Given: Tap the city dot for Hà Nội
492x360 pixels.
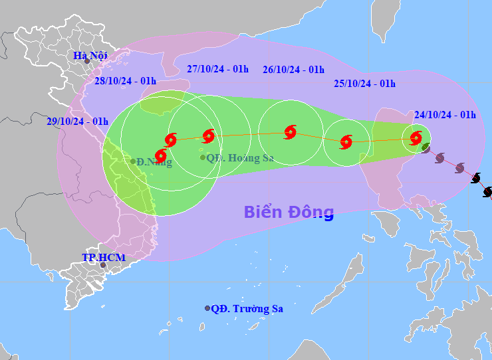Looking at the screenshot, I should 86,62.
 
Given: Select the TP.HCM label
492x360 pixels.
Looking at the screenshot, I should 103,257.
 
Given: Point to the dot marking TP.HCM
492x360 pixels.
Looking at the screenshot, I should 102,265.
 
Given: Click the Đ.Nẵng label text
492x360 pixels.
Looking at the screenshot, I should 154,162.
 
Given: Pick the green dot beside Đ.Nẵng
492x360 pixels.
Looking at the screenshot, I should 133,161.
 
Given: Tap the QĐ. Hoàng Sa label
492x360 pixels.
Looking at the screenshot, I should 240,158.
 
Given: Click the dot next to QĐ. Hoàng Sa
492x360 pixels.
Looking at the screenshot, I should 203,157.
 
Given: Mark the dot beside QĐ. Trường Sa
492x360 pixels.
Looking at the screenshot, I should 207,308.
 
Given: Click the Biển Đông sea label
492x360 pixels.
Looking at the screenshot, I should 289,212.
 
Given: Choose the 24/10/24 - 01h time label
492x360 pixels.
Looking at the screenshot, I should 445,114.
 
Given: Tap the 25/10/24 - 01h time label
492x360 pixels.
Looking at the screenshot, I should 364,84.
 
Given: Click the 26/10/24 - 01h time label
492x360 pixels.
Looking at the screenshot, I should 293,69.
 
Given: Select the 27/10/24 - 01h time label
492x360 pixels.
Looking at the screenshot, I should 218,69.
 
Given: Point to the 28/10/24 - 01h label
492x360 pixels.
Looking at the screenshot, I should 125,81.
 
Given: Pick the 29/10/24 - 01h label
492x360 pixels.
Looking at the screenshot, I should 78,121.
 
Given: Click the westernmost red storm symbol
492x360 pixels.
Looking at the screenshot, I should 160,155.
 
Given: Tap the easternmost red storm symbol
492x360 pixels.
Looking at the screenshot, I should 416,138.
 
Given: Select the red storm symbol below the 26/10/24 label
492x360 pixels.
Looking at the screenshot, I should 290,132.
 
